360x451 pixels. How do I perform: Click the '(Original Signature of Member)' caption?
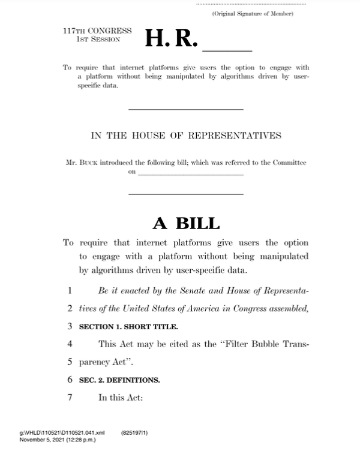pos(253,13)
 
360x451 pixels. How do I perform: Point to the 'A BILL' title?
pos(186,223)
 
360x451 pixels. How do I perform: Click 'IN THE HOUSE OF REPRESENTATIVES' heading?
pos(186,136)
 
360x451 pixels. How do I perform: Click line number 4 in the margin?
pos(70,344)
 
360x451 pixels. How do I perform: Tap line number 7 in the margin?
pos(70,397)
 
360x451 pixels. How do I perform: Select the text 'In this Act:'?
pos(121,397)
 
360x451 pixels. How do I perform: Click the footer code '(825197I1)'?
pos(135,431)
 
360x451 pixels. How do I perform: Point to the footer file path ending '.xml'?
pos(62,431)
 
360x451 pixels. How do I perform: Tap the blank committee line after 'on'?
pos(190,173)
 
